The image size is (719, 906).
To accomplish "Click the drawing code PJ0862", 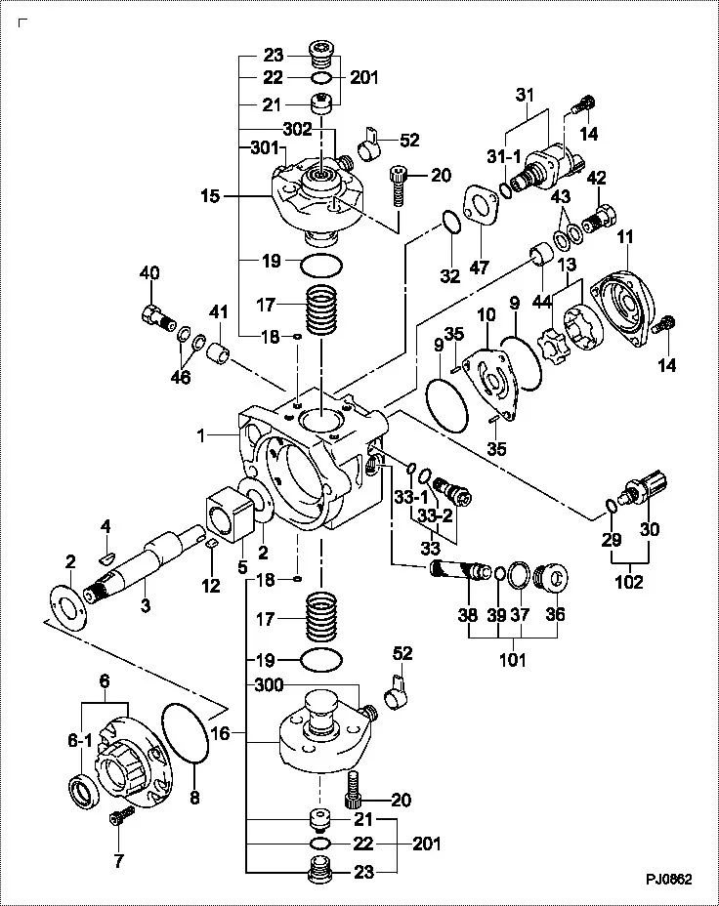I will tap(668, 879).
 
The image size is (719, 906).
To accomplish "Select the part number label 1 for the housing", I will tap(201, 436).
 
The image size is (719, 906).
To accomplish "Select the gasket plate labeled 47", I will tap(481, 208).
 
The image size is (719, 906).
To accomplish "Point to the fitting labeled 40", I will tap(155, 313).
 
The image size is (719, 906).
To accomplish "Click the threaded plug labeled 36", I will tap(553, 576).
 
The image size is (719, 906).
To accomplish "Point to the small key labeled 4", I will tap(106, 558).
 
